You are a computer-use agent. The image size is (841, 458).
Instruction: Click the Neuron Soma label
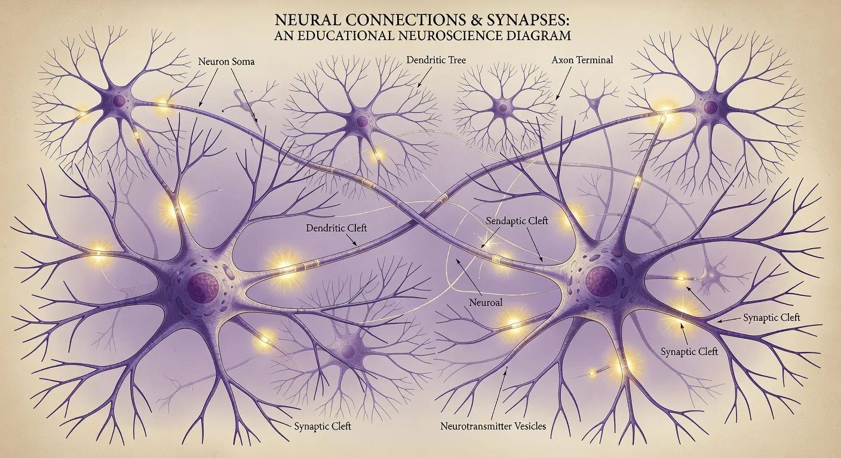pyautogui.click(x=225, y=62)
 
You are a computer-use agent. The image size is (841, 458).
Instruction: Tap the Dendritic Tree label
pyautogui.click(x=435, y=60)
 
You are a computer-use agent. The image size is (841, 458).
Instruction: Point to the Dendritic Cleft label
pyautogui.click(x=336, y=228)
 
